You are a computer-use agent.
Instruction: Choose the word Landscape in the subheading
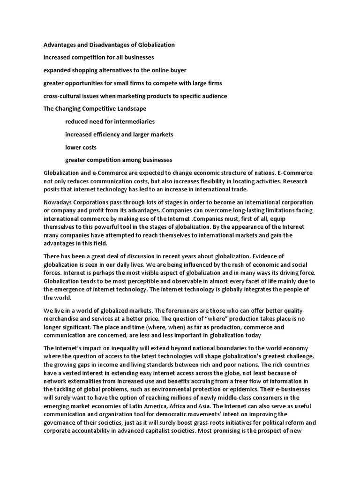click(131, 109)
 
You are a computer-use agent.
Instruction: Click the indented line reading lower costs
click(81, 147)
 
